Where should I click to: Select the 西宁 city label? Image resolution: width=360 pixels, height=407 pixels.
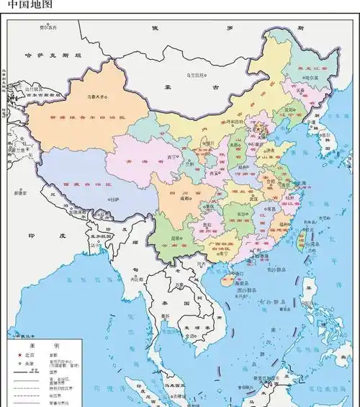point(172,156)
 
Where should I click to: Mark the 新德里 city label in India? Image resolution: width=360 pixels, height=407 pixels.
point(19,192)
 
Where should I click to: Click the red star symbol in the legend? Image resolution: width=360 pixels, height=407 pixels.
point(19,355)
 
